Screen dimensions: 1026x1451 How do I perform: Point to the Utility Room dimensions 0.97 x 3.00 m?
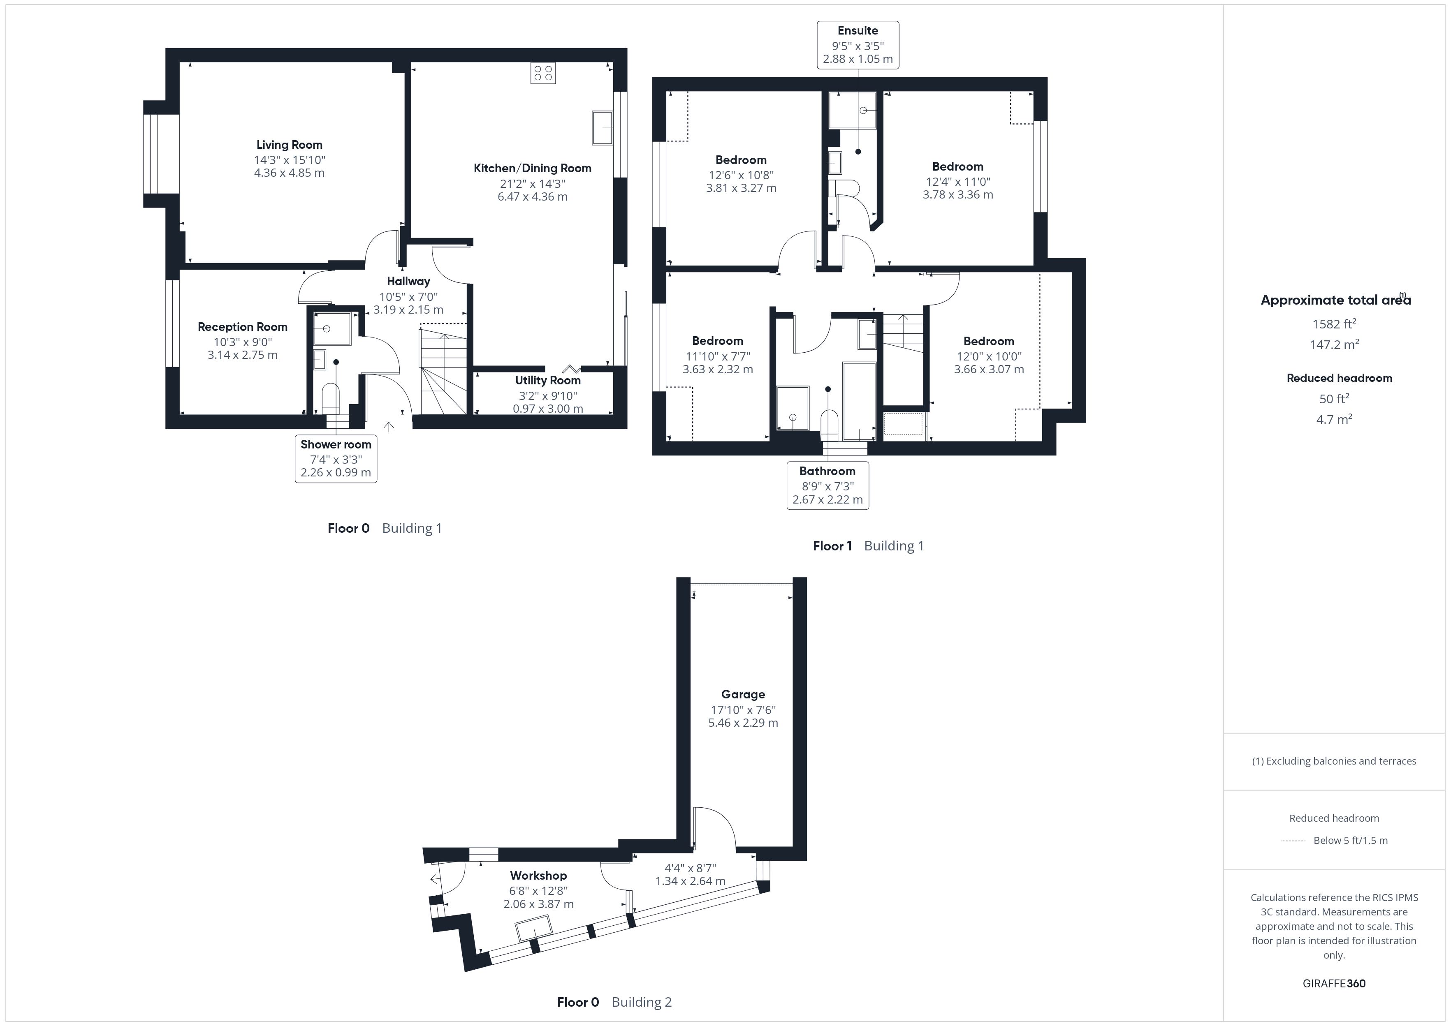pyautogui.click(x=547, y=409)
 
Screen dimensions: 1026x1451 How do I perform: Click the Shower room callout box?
pyautogui.click(x=336, y=459)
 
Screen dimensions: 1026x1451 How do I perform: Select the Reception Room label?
pyautogui.click(x=242, y=327)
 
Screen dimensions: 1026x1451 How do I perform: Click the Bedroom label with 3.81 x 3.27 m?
pyautogui.click(x=741, y=160)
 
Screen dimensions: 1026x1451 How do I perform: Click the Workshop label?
pyautogui.click(x=538, y=876)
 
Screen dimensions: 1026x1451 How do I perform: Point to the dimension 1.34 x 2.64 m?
pyautogui.click(x=690, y=881)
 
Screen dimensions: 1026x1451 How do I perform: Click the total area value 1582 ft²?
pyautogui.click(x=1333, y=324)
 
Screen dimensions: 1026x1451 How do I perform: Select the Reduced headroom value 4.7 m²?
pyautogui.click(x=1333, y=420)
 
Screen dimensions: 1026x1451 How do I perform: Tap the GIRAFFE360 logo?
pyautogui.click(x=1333, y=984)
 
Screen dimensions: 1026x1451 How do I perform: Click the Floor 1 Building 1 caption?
pyautogui.click(x=868, y=546)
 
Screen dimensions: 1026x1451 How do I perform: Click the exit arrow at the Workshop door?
pyautogui.click(x=434, y=879)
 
